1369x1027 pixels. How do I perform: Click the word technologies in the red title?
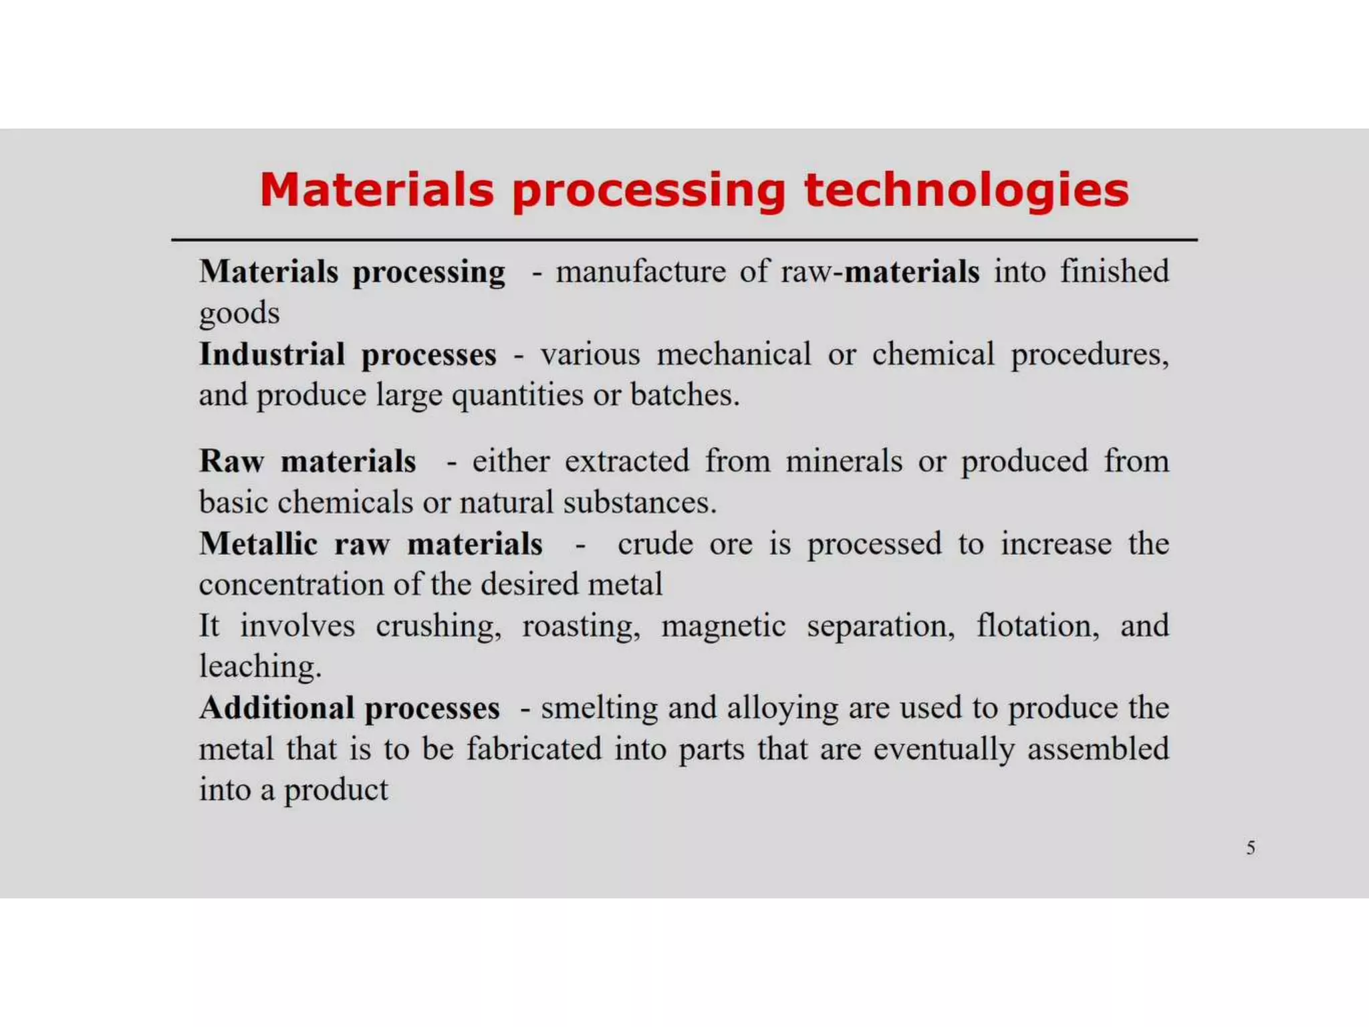(x=966, y=191)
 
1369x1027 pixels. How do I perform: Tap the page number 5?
(x=1250, y=848)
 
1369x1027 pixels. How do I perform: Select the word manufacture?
(x=640, y=272)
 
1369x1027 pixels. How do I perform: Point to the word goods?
(x=239, y=314)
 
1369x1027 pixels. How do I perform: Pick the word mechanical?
(x=734, y=354)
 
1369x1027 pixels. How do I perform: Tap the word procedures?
(x=1089, y=354)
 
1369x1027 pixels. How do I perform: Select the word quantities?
(x=517, y=395)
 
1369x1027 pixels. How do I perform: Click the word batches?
(x=684, y=395)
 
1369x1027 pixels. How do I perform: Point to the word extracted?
(x=626, y=461)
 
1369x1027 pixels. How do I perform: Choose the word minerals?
(x=844, y=461)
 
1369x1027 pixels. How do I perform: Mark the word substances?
(x=639, y=503)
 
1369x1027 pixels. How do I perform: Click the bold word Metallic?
(x=258, y=544)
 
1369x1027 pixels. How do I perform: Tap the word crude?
(x=655, y=544)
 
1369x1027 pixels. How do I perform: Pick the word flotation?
(x=1037, y=626)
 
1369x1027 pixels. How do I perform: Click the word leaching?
(x=260, y=667)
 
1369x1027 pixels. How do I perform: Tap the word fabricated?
(x=533, y=749)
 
